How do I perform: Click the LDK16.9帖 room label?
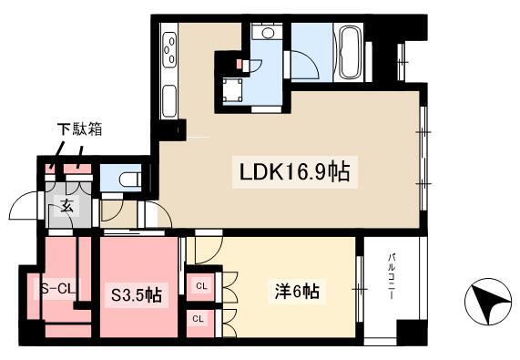[x=294, y=172]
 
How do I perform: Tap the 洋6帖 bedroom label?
[x=297, y=292]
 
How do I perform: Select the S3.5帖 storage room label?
[x=137, y=295]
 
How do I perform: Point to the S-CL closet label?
[x=58, y=289]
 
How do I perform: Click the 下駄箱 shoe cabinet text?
[x=79, y=129]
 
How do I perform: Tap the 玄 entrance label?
[x=66, y=206]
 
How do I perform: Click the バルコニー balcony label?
[x=392, y=276]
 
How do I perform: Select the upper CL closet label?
[x=201, y=285]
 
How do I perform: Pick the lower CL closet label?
[x=198, y=319]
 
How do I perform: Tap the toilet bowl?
[x=129, y=180]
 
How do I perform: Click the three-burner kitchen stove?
[x=169, y=50]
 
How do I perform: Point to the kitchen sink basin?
[x=169, y=101]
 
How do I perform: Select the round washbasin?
[x=268, y=33]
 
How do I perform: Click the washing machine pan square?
[x=232, y=90]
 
